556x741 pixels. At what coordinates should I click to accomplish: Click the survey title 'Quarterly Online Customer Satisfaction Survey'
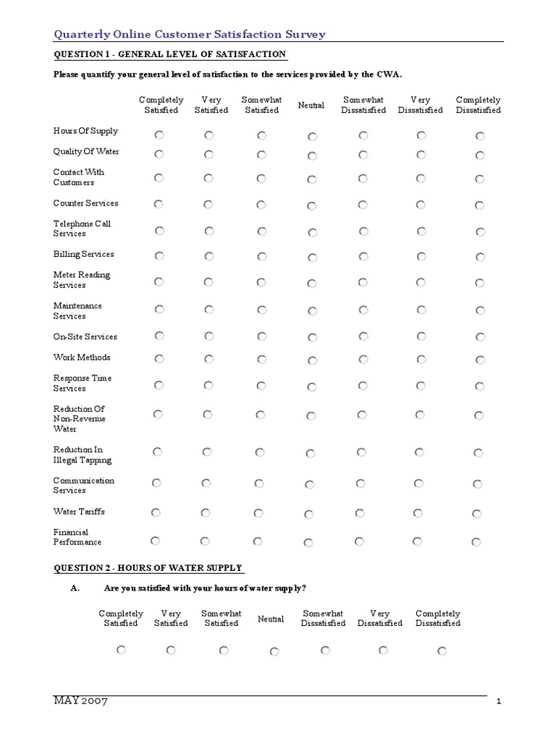tap(190, 34)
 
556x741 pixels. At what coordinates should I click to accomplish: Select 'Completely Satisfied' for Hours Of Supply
tap(159, 135)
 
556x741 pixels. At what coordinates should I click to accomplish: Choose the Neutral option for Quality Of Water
tap(312, 156)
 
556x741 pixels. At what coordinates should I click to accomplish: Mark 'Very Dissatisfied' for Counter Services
tap(421, 205)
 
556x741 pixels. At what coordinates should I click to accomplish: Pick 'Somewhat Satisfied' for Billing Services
tap(261, 256)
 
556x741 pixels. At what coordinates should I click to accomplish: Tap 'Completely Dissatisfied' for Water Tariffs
tap(477, 514)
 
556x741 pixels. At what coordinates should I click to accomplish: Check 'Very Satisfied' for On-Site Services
tap(208, 336)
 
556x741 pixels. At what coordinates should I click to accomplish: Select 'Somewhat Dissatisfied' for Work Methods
tap(362, 359)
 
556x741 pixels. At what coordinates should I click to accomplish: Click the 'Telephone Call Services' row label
tap(82, 229)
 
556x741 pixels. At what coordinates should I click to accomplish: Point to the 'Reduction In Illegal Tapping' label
tap(83, 455)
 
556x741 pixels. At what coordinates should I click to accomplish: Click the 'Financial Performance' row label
tap(77, 538)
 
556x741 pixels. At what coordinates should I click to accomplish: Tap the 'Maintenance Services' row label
tap(77, 311)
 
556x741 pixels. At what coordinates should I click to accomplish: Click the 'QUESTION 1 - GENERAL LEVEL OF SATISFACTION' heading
tap(169, 55)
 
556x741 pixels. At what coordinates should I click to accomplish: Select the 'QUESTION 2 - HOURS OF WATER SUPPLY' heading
tap(148, 568)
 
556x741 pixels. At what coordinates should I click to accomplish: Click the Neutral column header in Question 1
tap(311, 106)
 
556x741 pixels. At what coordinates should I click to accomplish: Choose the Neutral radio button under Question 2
tap(274, 652)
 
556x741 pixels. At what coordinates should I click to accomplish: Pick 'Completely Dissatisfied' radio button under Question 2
tap(442, 651)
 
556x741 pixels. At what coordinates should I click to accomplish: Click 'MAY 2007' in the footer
tap(80, 703)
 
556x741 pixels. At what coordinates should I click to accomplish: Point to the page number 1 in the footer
tap(500, 703)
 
